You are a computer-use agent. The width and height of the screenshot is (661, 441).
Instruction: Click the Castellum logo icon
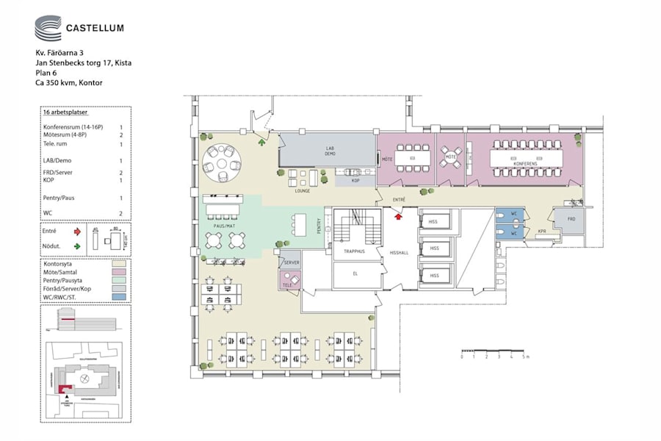tap(48, 29)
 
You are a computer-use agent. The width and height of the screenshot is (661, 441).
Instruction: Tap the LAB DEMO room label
tap(330, 151)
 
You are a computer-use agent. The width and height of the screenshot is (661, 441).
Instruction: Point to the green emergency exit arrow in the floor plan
tap(261, 142)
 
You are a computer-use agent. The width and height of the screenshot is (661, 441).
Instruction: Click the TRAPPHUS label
tap(355, 251)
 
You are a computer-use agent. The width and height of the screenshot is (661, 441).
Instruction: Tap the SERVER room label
tap(291, 262)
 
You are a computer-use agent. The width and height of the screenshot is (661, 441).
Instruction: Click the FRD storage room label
tap(569, 219)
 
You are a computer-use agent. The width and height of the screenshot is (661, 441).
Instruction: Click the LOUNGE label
tap(303, 191)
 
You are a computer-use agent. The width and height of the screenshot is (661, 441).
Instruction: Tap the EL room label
tap(355, 273)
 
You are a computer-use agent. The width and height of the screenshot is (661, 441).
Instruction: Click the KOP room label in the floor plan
tap(355, 180)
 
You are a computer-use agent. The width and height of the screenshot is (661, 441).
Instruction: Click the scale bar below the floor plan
tap(493, 351)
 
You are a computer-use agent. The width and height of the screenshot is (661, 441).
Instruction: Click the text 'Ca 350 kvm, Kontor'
tap(69, 83)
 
